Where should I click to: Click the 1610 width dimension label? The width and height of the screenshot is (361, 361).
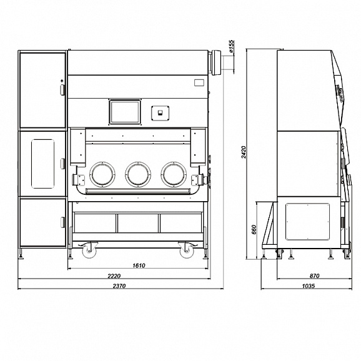click(139, 265)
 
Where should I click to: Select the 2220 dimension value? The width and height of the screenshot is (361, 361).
click(114, 275)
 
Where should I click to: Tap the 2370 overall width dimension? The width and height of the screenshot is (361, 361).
click(119, 285)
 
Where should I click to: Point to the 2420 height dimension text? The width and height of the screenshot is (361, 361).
click(244, 152)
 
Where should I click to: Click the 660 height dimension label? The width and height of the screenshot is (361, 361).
click(254, 230)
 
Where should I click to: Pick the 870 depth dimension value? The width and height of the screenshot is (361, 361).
click(315, 275)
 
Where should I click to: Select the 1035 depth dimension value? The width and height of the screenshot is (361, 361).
click(309, 285)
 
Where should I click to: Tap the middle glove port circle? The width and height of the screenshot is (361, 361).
click(138, 174)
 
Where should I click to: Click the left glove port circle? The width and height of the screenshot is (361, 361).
click(102, 174)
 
